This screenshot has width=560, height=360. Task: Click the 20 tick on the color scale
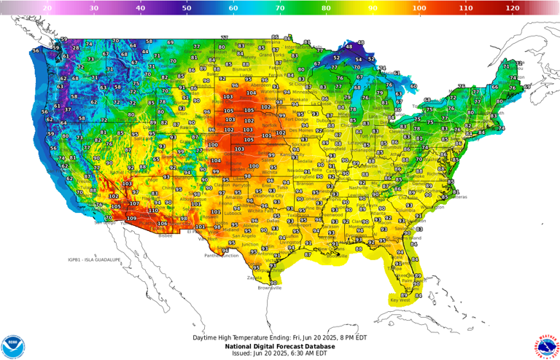[x=47, y=7]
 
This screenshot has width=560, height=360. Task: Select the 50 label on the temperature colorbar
[x=187, y=7]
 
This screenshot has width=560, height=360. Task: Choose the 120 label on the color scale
[x=513, y=7]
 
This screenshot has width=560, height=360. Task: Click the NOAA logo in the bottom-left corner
[x=12, y=346]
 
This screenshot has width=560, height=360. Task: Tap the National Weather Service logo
[x=547, y=346]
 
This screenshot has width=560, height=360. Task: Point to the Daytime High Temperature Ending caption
[x=280, y=338]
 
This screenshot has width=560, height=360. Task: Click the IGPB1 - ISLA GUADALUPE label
[x=94, y=259]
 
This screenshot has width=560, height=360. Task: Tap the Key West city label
[x=400, y=300]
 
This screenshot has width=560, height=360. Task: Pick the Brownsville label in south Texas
[x=269, y=288]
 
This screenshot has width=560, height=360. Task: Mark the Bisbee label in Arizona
[x=166, y=235]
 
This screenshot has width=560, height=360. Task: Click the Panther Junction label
[x=221, y=256]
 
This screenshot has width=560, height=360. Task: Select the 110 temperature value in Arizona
[x=153, y=211]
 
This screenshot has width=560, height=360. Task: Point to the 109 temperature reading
[x=131, y=219]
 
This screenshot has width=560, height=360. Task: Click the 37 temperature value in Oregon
[x=68, y=109]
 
